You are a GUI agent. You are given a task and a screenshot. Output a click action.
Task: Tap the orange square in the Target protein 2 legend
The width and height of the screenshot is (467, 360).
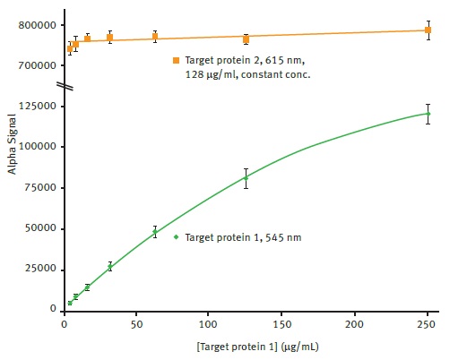[177, 60]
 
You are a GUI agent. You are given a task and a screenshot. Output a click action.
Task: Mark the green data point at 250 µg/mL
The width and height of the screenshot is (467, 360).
[428, 114]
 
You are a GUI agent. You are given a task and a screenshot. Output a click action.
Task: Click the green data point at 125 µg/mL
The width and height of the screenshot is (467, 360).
[246, 177]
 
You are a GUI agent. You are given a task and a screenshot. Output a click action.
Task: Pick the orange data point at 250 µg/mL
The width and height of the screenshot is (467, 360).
[428, 30]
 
